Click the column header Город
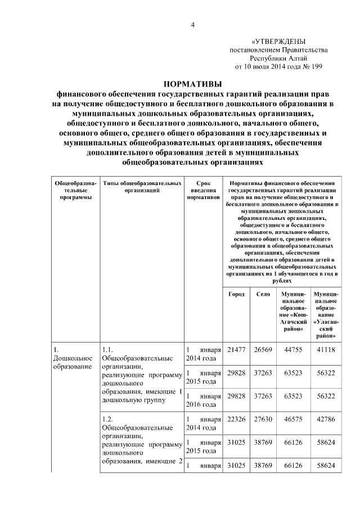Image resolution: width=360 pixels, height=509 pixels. click(236, 294)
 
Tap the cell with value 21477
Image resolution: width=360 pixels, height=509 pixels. click(236, 350)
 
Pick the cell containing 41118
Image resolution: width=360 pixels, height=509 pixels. click(325, 350)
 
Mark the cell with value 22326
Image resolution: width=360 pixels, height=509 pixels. click(236, 420)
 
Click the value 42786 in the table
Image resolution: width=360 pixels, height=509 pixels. click(325, 420)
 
